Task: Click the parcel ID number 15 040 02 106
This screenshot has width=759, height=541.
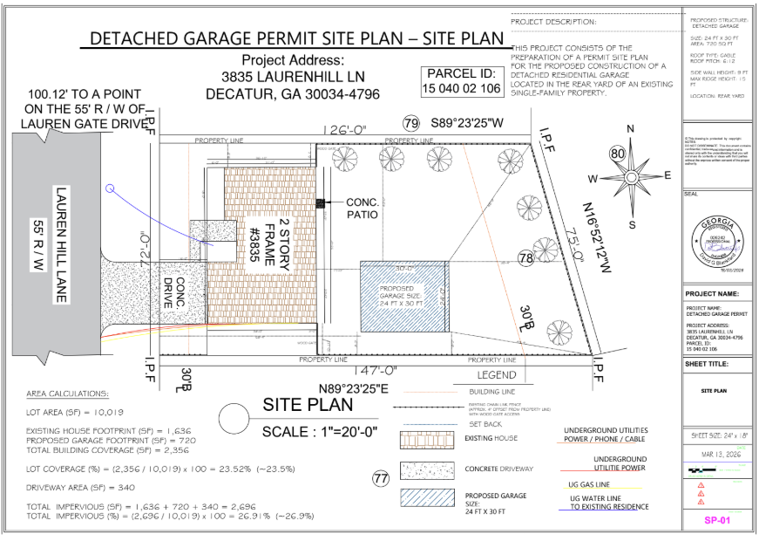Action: click(462, 89)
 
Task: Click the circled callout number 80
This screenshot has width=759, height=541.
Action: click(618, 154)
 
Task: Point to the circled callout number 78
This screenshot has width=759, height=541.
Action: click(525, 257)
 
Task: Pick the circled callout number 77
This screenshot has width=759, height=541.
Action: click(380, 477)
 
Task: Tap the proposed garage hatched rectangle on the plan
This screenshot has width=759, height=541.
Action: click(404, 296)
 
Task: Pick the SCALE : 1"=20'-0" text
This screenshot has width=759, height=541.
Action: click(321, 431)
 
